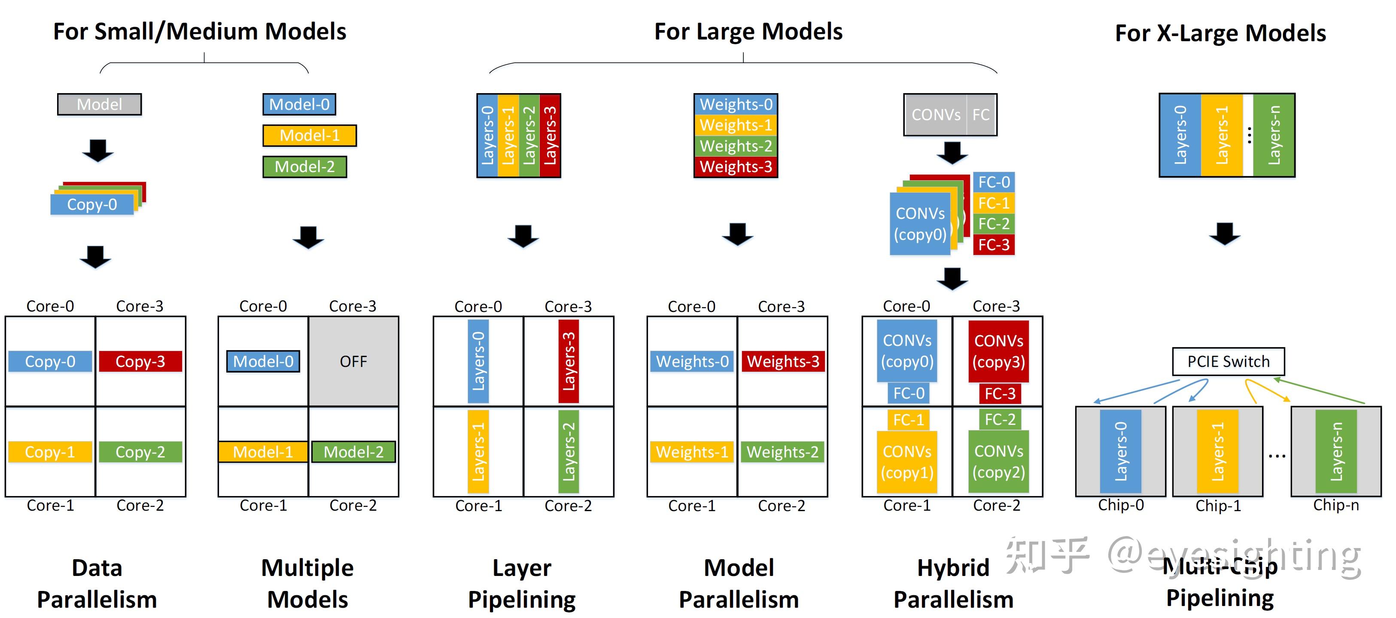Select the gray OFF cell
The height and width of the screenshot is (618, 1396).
click(353, 361)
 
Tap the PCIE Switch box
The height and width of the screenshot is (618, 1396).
click(1228, 361)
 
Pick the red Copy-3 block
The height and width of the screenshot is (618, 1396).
click(140, 361)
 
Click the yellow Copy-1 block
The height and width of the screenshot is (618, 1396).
click(50, 452)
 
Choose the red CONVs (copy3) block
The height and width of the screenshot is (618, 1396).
click(998, 351)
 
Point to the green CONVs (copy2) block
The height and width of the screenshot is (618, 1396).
click(998, 461)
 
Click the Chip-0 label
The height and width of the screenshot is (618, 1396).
click(1121, 505)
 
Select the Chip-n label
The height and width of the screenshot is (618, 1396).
click(1335, 505)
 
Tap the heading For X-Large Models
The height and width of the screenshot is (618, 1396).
click(1220, 33)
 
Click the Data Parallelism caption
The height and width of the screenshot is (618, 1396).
click(97, 583)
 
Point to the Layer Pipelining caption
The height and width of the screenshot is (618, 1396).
click(521, 583)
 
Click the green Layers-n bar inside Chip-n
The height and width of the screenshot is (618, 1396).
click(1336, 451)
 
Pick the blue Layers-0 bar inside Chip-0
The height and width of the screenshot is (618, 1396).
click(1120, 451)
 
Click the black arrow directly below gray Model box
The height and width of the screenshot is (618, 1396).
click(97, 151)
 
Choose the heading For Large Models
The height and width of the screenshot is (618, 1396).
click(748, 32)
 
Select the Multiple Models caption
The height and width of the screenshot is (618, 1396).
click(307, 583)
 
